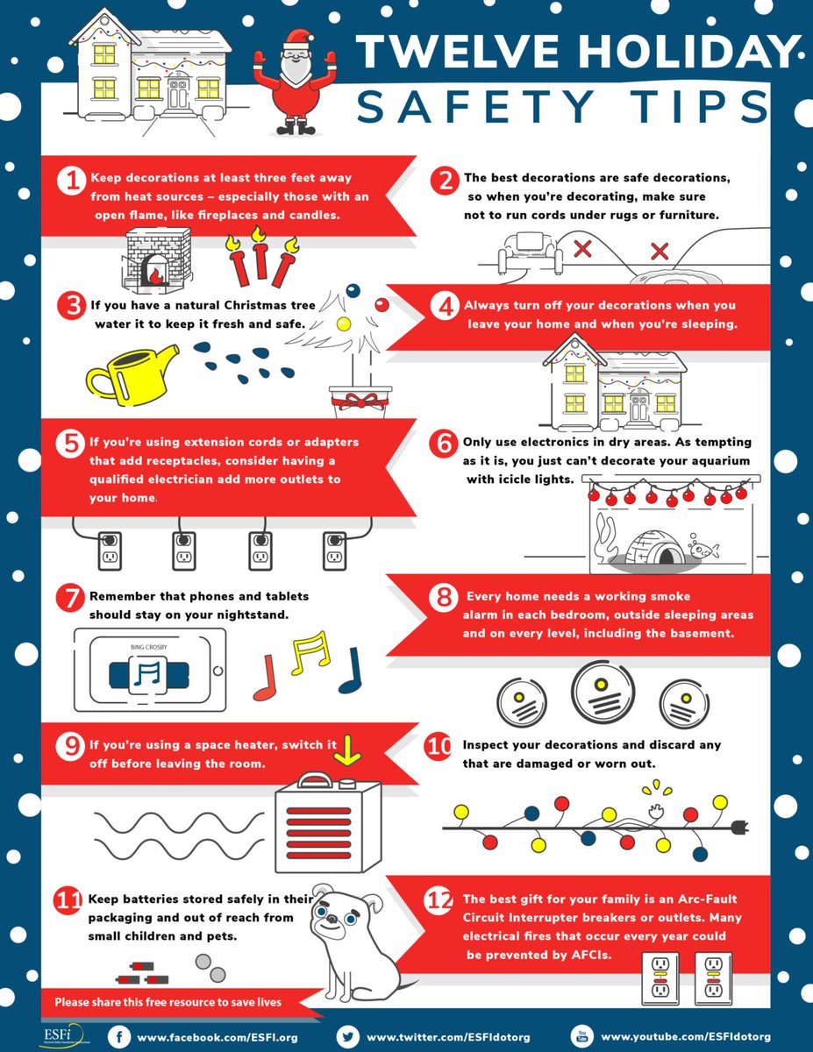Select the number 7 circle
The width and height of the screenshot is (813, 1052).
69,599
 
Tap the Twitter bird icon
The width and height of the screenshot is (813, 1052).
348,1036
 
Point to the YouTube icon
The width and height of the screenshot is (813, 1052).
581,1036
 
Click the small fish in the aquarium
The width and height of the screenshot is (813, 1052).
703,550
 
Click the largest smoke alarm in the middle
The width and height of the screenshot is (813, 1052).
602,690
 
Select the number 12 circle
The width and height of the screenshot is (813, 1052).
439,899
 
